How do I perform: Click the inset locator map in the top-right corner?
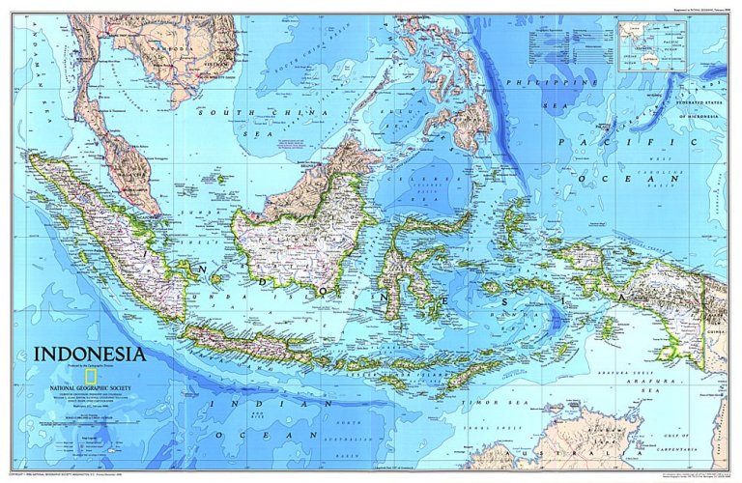pyautogui.click(x=653, y=44)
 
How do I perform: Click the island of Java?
pyautogui.click(x=242, y=342)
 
